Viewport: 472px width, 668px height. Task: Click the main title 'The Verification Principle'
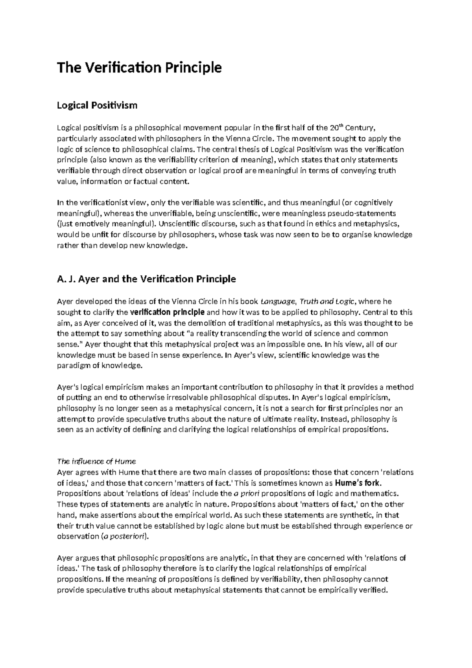pos(139,68)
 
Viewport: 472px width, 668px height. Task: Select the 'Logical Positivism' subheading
pos(97,105)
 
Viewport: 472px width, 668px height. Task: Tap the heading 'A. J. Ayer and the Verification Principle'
pos(146,279)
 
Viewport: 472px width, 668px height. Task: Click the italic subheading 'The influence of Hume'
pos(97,461)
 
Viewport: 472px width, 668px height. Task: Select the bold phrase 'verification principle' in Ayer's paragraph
pos(167,312)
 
